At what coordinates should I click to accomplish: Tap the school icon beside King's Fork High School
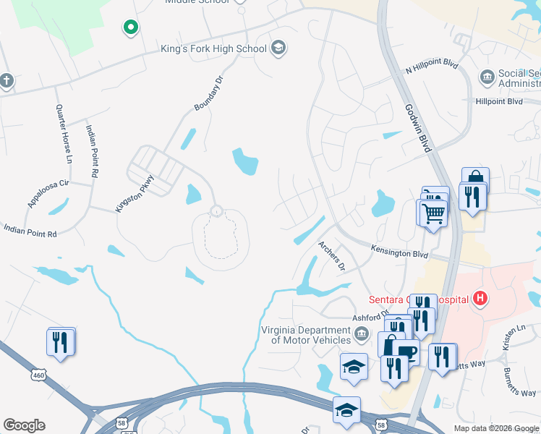click(278, 49)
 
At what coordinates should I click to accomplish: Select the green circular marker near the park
click(131, 27)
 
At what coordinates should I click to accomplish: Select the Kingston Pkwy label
click(135, 193)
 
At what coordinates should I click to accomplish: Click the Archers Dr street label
click(332, 256)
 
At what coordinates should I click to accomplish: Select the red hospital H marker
click(479, 297)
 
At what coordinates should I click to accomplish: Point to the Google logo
click(24, 425)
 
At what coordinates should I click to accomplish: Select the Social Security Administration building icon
click(487, 75)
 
